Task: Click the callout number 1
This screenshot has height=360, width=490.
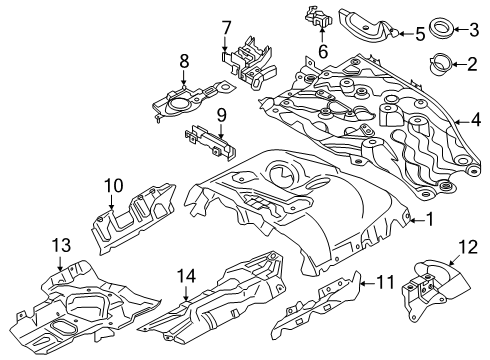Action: click(430, 219)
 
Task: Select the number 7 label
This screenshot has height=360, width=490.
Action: click(226, 28)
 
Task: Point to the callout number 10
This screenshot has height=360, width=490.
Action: click(113, 186)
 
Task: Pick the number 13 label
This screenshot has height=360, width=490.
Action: click(62, 245)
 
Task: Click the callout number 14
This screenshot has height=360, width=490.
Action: click(186, 276)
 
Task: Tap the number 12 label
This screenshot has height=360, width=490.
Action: click(468, 247)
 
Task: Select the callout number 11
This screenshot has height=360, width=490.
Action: click(385, 282)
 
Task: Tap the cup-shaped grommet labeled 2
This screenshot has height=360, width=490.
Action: click(439, 63)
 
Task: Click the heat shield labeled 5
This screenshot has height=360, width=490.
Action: click(367, 27)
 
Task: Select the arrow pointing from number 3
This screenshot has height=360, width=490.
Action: click(461, 29)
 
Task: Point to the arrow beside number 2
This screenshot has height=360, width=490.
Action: click(459, 64)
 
